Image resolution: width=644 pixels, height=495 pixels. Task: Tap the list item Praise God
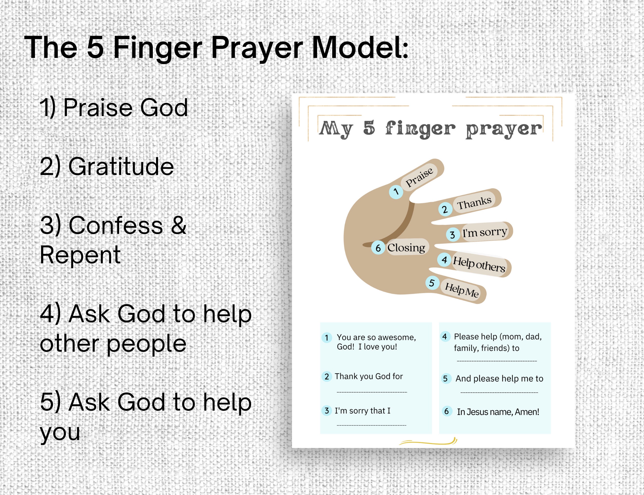(x=113, y=108)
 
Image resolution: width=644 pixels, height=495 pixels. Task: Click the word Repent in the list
(x=80, y=255)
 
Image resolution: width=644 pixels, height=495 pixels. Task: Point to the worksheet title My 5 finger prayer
(x=430, y=129)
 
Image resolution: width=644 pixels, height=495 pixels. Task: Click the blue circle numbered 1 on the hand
(x=396, y=192)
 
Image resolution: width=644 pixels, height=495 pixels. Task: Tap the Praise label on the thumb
(x=419, y=177)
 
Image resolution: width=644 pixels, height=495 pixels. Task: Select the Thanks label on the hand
(x=474, y=203)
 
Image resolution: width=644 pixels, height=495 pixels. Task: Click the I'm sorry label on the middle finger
(x=484, y=232)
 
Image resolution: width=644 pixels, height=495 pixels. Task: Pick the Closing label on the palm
(x=406, y=247)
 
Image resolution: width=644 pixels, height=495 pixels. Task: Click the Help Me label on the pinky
(x=461, y=290)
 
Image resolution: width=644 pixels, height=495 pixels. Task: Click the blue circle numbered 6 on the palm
(x=378, y=248)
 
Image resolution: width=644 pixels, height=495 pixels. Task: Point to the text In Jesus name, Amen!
(x=498, y=412)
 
